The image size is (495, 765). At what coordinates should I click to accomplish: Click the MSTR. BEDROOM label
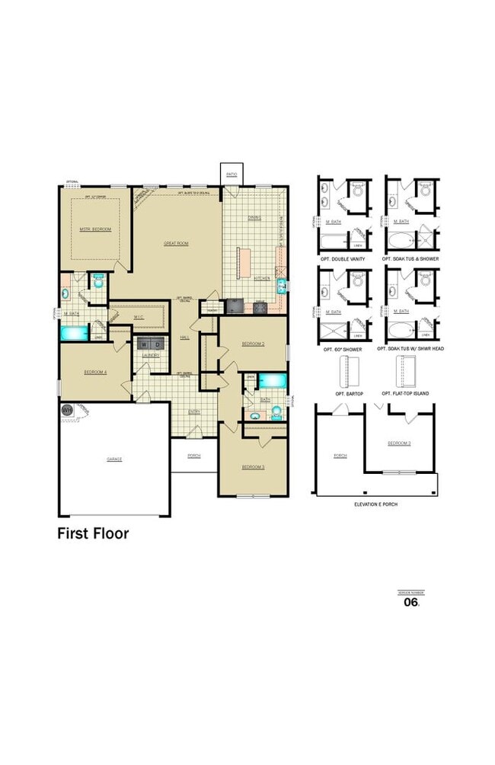click(x=95, y=229)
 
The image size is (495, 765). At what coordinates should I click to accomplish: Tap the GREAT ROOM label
click(x=176, y=243)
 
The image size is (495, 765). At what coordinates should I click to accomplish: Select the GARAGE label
click(x=114, y=459)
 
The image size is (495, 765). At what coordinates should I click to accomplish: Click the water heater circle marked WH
click(x=66, y=410)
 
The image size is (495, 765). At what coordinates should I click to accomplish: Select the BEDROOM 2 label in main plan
click(x=253, y=344)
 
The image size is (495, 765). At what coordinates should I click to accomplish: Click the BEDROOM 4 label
click(x=95, y=371)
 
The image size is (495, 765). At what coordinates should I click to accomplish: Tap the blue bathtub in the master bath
click(x=75, y=333)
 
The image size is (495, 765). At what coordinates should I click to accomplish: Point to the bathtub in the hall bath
click(x=272, y=380)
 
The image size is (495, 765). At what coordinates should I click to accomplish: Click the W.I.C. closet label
click(x=139, y=317)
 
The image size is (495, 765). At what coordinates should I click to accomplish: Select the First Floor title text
click(x=93, y=533)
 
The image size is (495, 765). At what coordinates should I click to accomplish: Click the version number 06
click(x=411, y=602)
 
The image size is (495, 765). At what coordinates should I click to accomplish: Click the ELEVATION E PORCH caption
click(x=375, y=504)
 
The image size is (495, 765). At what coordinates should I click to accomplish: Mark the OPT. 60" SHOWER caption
click(x=343, y=349)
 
